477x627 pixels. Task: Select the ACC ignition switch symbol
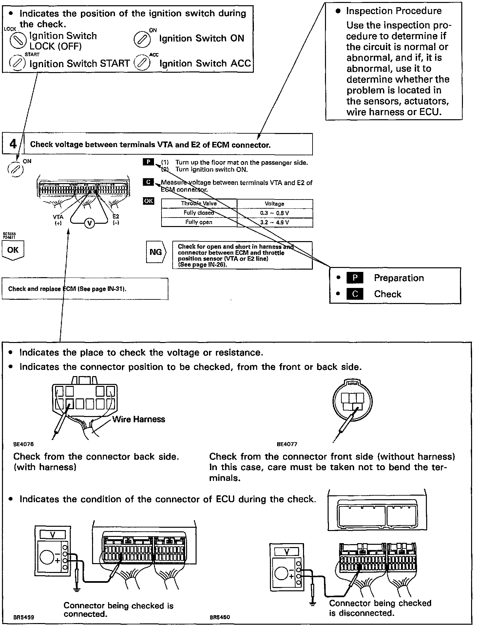tap(142, 62)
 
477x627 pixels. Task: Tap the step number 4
tap(13, 144)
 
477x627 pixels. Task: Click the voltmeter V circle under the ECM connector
tap(89, 223)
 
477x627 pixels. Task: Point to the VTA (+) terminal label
tap(58, 219)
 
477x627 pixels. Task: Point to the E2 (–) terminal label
tap(116, 219)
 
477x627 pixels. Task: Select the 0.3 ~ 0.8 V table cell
tap(275, 213)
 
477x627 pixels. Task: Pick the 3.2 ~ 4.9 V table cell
tap(275, 222)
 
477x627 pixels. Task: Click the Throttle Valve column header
tap(199, 203)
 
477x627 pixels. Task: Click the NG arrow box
tap(156, 252)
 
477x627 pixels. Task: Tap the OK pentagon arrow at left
tap(13, 251)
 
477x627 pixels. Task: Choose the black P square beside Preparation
tap(355, 278)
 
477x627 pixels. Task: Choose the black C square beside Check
tap(355, 294)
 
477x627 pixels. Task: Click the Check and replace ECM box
tap(85, 289)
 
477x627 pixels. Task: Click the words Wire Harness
tap(139, 419)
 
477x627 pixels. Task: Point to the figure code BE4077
tap(287, 445)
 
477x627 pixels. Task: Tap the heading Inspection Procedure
tap(394, 11)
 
